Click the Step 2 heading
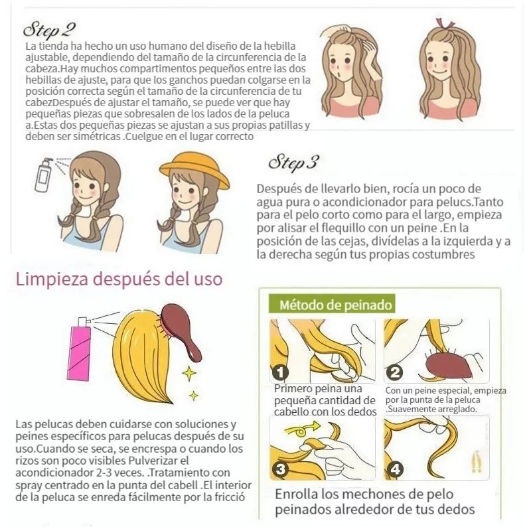[x=49, y=30]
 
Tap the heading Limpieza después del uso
[x=119, y=277]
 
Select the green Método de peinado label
[x=332, y=305]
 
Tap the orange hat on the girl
[x=194, y=170]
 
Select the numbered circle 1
[x=281, y=372]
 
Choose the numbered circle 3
[x=281, y=469]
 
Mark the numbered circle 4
[x=396, y=469]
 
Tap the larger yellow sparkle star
[x=189, y=373]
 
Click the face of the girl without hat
[x=86, y=189]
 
